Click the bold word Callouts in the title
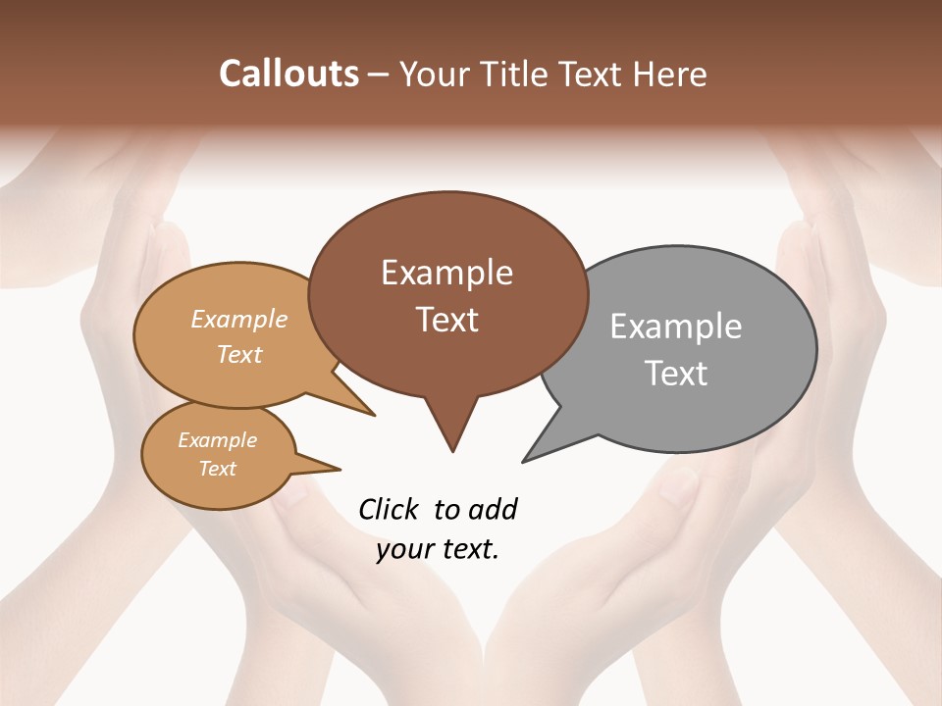pyautogui.click(x=288, y=74)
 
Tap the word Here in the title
pyautogui.click(x=670, y=74)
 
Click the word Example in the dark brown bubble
pyautogui.click(x=446, y=273)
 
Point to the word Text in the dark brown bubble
pyautogui.click(x=446, y=320)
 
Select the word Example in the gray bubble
pyautogui.click(x=676, y=327)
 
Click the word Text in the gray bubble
pyautogui.click(x=676, y=374)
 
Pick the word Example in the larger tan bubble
pyautogui.click(x=239, y=319)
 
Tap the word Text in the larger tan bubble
pyautogui.click(x=239, y=354)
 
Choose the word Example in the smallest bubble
pyautogui.click(x=217, y=440)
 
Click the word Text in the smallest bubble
pyautogui.click(x=217, y=469)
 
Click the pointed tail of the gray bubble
pyautogui.click(x=527, y=458)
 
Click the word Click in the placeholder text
pyautogui.click(x=391, y=509)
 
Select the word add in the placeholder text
pyautogui.click(x=492, y=509)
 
